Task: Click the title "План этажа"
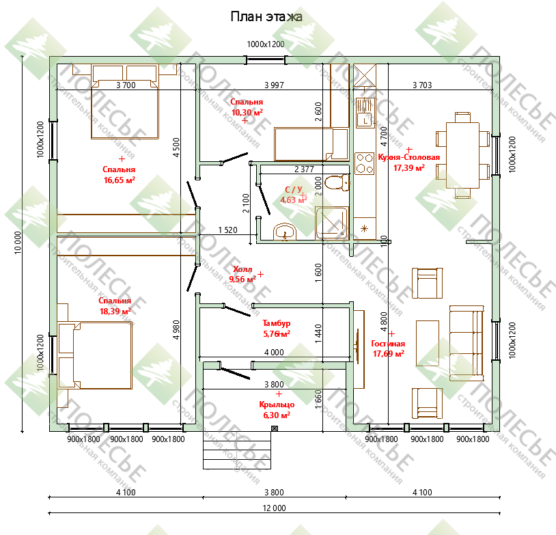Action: click(266, 16)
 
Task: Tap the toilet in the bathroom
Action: click(337, 182)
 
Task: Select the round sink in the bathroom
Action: click(284, 232)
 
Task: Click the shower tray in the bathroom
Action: click(332, 223)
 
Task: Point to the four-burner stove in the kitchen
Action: click(365, 163)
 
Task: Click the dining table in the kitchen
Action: click(462, 155)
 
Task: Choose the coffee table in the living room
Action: click(428, 343)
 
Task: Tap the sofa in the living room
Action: click(467, 343)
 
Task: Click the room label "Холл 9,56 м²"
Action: click(242, 274)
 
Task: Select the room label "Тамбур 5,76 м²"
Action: click(277, 329)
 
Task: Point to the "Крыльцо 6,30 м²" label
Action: click(277, 410)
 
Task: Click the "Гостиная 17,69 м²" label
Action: click(388, 348)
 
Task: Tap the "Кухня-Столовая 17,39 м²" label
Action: click(409, 163)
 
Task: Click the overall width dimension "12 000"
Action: click(274, 508)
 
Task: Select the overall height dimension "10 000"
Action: click(18, 243)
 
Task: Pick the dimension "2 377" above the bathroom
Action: click(304, 169)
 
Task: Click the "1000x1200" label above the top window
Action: click(266, 44)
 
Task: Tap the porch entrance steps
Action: click(237, 450)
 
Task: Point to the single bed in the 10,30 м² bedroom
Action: click(311, 144)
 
